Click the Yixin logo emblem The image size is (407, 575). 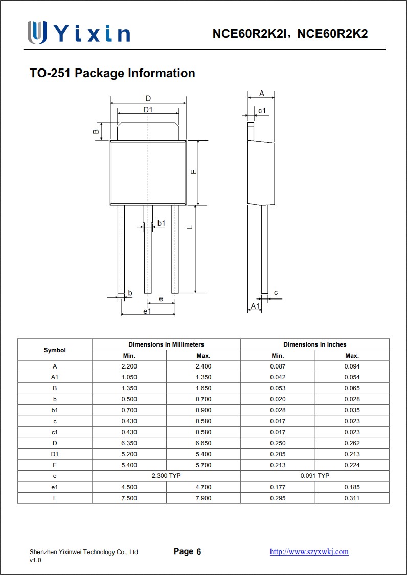tap(37, 33)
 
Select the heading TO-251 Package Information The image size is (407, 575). tap(112, 73)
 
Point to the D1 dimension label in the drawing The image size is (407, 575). tap(148, 110)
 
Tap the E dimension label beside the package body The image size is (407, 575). tap(193, 172)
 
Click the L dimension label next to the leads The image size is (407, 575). tap(190, 226)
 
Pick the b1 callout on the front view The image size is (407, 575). tap(161, 223)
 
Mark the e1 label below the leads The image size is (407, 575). tap(147, 311)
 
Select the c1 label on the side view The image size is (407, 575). tap(262, 111)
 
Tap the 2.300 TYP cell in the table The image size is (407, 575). tap(166, 476)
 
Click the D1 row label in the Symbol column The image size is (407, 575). tap(55, 454)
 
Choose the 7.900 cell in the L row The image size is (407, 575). tap(203, 498)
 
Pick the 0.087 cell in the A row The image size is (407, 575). tap(278, 366)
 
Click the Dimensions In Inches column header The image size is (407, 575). tap(314, 344)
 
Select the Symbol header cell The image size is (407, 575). tap(55, 350)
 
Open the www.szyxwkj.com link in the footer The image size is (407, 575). tap(309, 551)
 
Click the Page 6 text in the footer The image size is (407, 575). tap(187, 551)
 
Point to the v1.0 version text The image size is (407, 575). tap(35, 560)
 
